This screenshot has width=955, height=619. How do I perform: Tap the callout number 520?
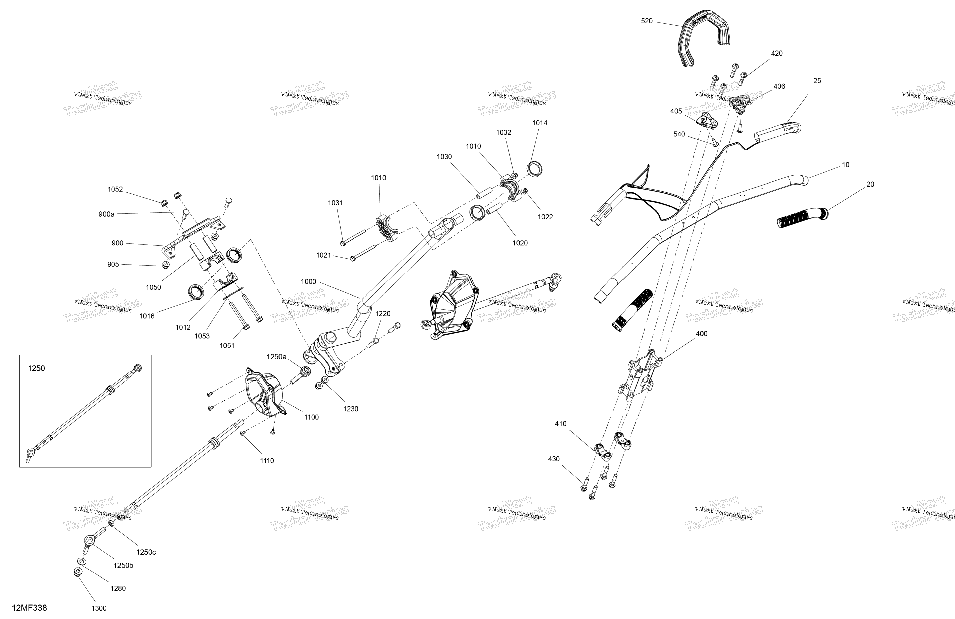click(647, 21)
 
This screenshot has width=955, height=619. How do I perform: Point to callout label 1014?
click(540, 123)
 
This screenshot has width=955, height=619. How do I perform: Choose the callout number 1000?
click(309, 282)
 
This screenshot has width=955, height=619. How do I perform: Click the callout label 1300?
click(99, 608)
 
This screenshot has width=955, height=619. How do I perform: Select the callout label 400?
click(701, 334)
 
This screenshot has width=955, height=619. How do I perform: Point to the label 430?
click(554, 459)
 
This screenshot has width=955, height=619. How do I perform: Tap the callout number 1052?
click(115, 189)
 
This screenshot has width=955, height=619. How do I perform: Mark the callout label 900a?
click(106, 214)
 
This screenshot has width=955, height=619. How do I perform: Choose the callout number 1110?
click(267, 461)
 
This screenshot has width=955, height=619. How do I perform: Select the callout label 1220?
click(383, 314)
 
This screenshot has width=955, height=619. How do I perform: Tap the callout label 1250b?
click(123, 566)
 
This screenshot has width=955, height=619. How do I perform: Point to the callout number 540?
click(679, 134)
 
